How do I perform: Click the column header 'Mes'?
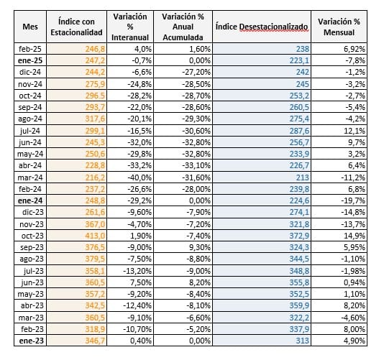pos(30,27)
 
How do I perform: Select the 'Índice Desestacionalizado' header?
pos(262,27)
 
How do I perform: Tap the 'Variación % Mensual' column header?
pos(339,27)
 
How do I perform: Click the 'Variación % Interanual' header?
pos(130,27)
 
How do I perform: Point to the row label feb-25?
pos(30,49)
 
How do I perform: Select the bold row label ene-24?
pos(30,200)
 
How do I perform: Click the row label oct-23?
pos(32,236)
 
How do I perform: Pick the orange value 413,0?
pos(95,236)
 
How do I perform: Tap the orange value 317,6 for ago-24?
pos(95,119)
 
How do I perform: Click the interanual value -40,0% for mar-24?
pos(140,177)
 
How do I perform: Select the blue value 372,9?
pos(299,236)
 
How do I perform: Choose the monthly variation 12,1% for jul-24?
pos(355,131)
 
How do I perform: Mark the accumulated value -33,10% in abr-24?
pos(196,165)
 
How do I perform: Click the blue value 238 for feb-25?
pos(303,49)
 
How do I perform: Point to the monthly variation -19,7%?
pos(353,200)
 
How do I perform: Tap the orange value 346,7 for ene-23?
pos(95,341)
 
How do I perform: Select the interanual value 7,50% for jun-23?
pos(140,282)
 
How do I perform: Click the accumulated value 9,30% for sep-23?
pos(200,247)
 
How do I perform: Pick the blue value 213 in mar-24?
pos(303,177)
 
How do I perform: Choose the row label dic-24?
pos(30,72)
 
